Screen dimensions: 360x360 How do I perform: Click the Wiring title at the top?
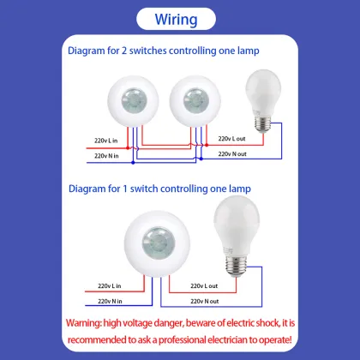(179, 19)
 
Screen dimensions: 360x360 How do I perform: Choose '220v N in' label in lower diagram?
(113, 302)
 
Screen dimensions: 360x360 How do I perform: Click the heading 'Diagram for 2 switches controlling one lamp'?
(165, 51)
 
